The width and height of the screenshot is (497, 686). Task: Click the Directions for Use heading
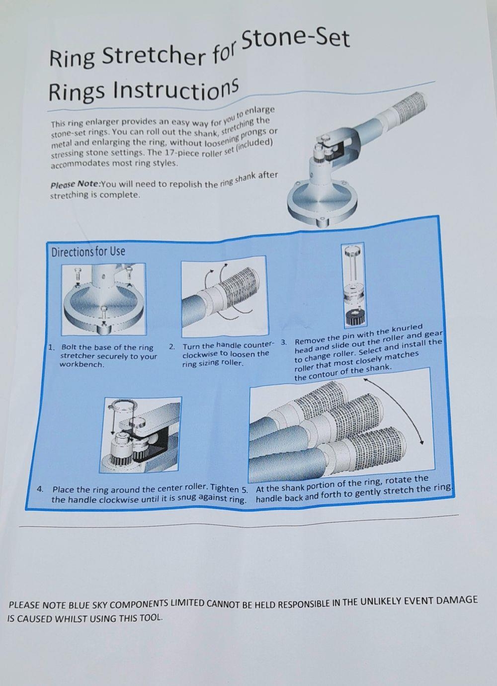pyautogui.click(x=88, y=252)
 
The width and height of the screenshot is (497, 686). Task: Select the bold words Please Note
pyautogui.click(x=76, y=184)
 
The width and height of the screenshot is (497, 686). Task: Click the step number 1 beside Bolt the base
pyautogui.click(x=52, y=347)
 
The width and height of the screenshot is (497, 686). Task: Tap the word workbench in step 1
pyautogui.click(x=82, y=365)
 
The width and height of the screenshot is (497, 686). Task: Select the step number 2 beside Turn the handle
pyautogui.click(x=172, y=347)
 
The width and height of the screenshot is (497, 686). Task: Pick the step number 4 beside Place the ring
pyautogui.click(x=40, y=489)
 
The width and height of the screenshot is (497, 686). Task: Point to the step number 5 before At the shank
pyautogui.click(x=245, y=490)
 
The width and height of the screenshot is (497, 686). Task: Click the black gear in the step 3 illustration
pyautogui.click(x=355, y=318)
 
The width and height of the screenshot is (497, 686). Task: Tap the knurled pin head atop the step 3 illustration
pyautogui.click(x=353, y=251)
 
